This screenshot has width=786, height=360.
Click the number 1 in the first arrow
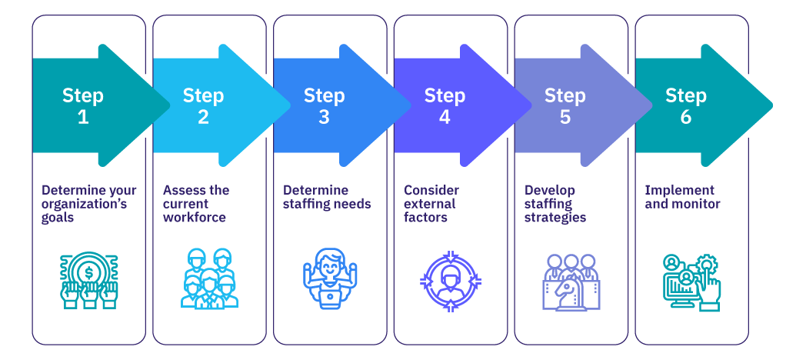coord(82,118)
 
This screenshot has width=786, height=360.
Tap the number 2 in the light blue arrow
coord(203,118)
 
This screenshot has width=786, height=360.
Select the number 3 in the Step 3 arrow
coord(324,118)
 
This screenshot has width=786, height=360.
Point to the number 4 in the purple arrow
coord(445,118)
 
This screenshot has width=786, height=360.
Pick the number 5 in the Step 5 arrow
coord(565,118)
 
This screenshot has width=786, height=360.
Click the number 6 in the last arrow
coord(685,118)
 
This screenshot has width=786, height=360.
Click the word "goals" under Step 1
coord(58,218)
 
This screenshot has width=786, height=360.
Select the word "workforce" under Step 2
coord(194,218)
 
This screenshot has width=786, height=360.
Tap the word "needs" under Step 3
coord(353,204)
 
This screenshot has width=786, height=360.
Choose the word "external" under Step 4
coord(430,204)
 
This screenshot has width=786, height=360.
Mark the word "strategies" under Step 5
coord(555,218)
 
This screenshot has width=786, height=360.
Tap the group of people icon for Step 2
coord(207,278)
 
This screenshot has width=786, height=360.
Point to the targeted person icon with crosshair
coord(451,278)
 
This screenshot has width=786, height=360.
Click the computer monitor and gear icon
coord(691,282)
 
